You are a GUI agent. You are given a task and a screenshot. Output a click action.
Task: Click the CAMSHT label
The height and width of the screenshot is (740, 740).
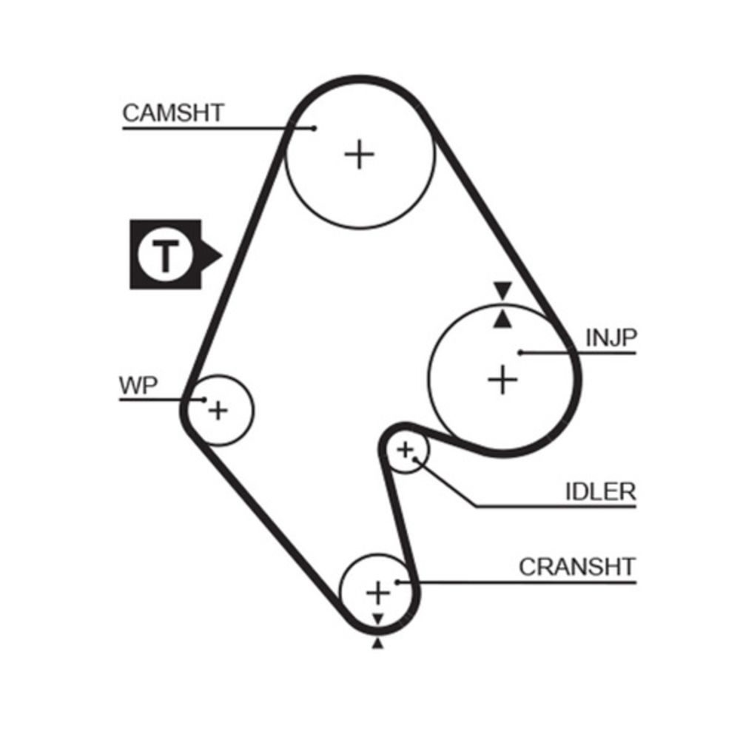coord(172,113)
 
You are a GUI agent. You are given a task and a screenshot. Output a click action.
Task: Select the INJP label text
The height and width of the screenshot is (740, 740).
coord(610,338)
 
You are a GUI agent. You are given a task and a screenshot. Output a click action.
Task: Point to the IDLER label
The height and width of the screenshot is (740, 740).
coord(599,491)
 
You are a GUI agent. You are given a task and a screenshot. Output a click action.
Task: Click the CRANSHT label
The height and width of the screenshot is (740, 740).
coord(576,567)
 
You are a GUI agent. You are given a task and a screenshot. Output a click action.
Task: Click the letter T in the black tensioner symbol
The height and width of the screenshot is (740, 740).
coord(166,255)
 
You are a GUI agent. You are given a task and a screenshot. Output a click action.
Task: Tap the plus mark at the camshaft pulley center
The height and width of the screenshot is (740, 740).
coord(360,155)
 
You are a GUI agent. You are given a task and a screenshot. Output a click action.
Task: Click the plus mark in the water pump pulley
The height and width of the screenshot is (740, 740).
coord(218,409)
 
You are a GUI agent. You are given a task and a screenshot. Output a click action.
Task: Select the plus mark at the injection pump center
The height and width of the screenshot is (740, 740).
coord(502,380)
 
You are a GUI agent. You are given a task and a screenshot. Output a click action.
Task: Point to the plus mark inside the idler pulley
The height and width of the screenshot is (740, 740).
coord(405,448)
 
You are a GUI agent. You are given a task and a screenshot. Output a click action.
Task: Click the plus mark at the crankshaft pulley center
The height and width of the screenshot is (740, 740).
coord(378,592)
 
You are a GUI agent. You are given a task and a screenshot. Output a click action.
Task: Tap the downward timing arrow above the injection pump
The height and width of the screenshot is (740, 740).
coord(503,290)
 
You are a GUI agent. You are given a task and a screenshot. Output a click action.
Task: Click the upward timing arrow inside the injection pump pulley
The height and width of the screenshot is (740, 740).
coord(503,319)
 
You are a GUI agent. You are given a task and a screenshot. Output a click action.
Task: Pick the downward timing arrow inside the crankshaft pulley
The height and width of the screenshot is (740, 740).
coord(378,618)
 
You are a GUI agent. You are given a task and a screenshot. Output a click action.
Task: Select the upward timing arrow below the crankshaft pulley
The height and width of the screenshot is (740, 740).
coord(378,645)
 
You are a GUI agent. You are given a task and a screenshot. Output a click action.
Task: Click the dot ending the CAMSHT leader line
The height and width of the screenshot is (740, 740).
coord(314,128)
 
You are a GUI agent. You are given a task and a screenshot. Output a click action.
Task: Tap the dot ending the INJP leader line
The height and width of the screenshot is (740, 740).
coord(520,353)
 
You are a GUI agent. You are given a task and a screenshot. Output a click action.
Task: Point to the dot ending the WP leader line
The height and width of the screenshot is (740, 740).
coord(203,400)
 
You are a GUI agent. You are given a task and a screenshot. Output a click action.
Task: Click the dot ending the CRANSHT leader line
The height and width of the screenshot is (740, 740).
coord(397,582)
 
